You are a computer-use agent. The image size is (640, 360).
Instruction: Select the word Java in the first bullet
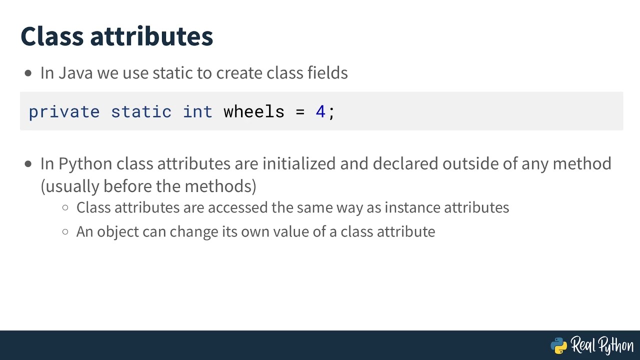[76, 73]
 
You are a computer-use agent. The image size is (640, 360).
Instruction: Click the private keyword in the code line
[64, 111]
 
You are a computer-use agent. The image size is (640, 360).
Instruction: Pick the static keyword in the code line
[141, 111]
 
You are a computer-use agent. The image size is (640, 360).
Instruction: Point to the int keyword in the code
[197, 111]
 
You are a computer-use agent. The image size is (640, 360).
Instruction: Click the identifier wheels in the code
[253, 111]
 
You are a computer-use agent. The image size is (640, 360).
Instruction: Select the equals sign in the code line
[300, 111]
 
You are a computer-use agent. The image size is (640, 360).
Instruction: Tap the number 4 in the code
[320, 111]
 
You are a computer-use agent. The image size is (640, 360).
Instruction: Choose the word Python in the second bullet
[85, 164]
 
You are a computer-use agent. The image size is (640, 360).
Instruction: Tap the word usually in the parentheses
[72, 186]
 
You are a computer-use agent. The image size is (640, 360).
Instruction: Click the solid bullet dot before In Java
[28, 73]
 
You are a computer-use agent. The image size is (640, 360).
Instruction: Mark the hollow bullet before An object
[65, 232]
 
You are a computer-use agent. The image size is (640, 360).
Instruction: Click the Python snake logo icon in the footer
[558, 345]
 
